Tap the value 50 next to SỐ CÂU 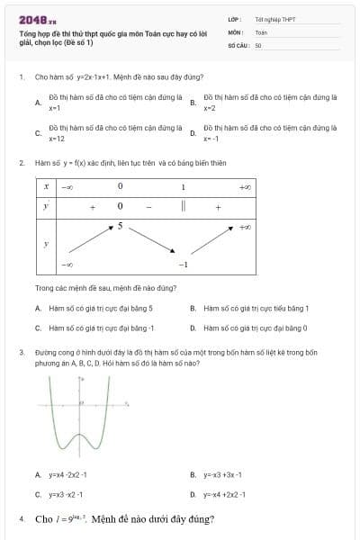coord(258,43)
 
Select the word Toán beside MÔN coord(261,31)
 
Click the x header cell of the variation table coord(46,186)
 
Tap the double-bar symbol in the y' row coord(183,207)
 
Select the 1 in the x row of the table coord(183,186)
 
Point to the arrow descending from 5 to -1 coord(150,243)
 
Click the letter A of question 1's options coord(37,103)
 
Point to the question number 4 coord(21,519)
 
